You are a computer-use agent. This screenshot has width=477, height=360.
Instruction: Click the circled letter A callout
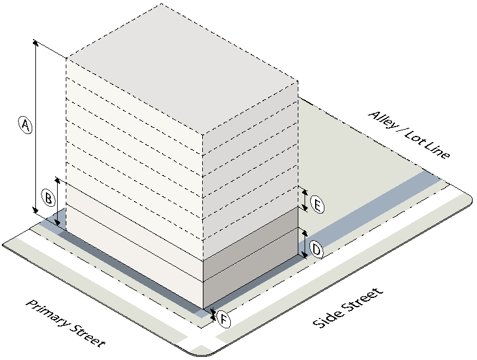click(24, 125)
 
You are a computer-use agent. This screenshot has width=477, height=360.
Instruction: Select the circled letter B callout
click(48, 199)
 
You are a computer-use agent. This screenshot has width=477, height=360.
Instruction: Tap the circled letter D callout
click(316, 250)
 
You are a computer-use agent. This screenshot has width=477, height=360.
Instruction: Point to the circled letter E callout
click(316, 204)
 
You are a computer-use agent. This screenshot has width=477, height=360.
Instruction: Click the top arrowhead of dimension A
click(35, 43)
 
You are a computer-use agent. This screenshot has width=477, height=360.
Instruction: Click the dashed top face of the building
click(180, 68)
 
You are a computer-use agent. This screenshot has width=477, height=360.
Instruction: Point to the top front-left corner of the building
click(67, 59)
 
